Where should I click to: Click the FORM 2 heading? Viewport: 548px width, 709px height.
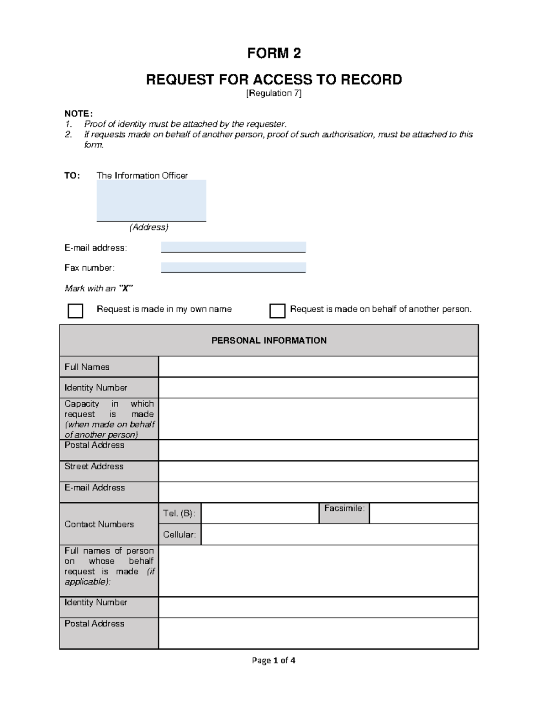[x=274, y=53]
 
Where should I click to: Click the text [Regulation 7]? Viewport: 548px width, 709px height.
[x=274, y=93]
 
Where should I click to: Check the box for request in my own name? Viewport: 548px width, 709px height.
[x=75, y=311]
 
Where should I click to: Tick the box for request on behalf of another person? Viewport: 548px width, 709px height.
[x=277, y=311]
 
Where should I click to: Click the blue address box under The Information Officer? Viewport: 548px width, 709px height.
[x=151, y=200]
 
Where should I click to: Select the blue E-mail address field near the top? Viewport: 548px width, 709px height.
[x=233, y=247]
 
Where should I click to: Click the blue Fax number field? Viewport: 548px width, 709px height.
[x=233, y=268]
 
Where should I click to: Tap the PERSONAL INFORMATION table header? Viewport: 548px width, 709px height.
[x=269, y=341]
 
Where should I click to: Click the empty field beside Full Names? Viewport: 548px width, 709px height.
[x=318, y=367]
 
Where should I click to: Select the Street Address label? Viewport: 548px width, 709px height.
[x=94, y=466]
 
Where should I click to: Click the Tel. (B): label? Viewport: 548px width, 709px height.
[x=179, y=514]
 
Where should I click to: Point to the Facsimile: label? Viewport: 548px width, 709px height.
[x=344, y=508]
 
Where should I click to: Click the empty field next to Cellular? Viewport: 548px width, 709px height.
[x=339, y=535]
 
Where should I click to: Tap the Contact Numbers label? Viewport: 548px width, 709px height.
[x=99, y=524]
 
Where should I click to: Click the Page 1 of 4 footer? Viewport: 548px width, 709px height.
[x=274, y=660]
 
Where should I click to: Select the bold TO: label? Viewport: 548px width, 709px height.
[x=72, y=176]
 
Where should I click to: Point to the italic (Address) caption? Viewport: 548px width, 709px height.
[x=149, y=227]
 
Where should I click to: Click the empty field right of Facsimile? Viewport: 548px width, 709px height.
[x=423, y=514]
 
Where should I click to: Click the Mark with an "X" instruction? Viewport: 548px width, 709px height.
[x=99, y=289]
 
